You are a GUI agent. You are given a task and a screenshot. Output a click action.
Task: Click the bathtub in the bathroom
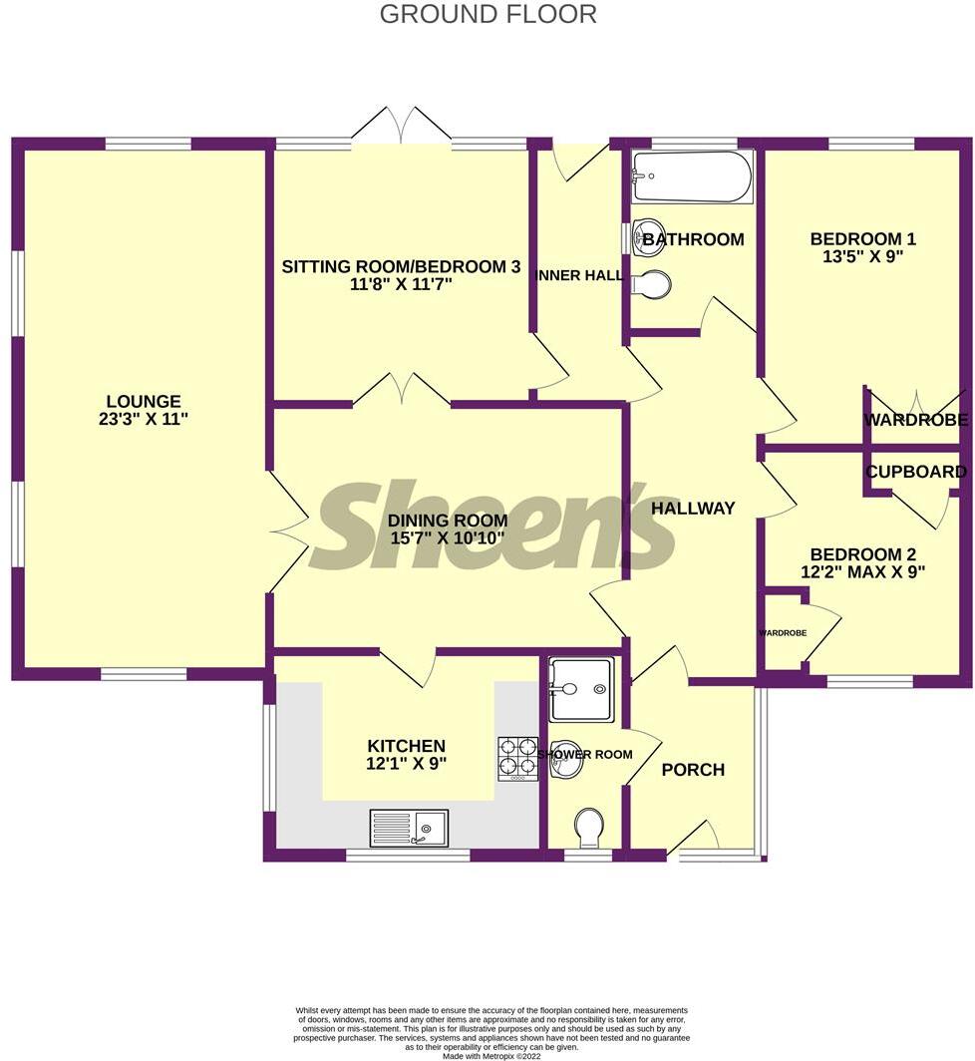692,177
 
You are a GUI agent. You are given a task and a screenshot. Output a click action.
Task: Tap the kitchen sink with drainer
410,828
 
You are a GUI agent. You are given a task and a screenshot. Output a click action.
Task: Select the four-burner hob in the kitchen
517,758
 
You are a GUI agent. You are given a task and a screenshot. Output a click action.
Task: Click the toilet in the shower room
589,827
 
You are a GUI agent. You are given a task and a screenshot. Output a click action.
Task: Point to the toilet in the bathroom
651,285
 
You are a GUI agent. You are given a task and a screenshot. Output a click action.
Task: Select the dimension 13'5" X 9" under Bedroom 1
862,256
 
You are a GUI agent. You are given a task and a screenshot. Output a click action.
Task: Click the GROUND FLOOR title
487,14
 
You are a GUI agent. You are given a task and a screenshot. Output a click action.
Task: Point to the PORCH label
693,770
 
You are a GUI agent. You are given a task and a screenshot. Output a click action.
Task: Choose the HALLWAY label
693,508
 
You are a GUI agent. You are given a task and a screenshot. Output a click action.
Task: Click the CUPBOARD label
916,472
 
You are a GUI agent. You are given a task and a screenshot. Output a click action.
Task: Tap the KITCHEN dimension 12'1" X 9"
406,764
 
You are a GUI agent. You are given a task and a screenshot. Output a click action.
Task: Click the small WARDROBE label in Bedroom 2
783,633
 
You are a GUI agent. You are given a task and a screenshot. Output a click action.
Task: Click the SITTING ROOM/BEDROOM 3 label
401,266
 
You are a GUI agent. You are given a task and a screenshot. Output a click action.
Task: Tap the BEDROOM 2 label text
862,554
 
